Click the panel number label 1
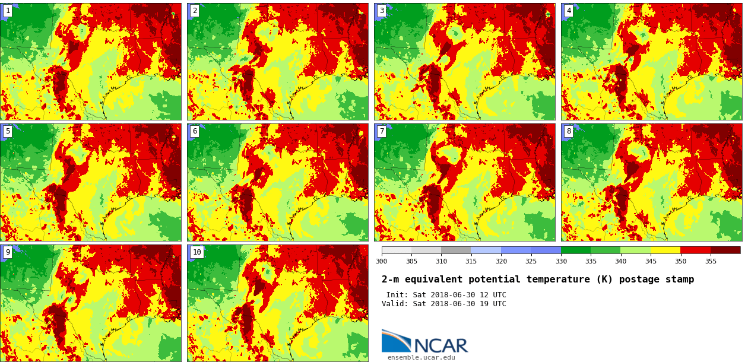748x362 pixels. pyautogui.click(x=8, y=11)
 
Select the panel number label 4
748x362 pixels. pyautogui.click(x=569, y=11)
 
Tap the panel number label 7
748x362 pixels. pyautogui.click(x=382, y=131)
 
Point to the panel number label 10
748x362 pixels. pyautogui.click(x=196, y=252)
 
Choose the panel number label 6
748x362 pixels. pyautogui.click(x=195, y=131)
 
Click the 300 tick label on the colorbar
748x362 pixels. pyautogui.click(x=381, y=261)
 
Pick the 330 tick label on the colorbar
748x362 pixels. pyautogui.click(x=560, y=261)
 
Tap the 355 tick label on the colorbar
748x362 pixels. pyautogui.click(x=710, y=261)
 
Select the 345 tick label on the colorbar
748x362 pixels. pyautogui.click(x=650, y=261)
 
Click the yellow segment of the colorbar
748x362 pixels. pyautogui.click(x=665, y=250)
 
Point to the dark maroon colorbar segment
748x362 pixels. pyautogui.click(x=725, y=250)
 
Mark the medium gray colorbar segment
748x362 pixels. pyautogui.click(x=456, y=250)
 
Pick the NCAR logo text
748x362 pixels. pyautogui.click(x=440, y=345)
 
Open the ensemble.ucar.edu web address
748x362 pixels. pyautogui.click(x=421, y=357)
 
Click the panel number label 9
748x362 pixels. pyautogui.click(x=8, y=252)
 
